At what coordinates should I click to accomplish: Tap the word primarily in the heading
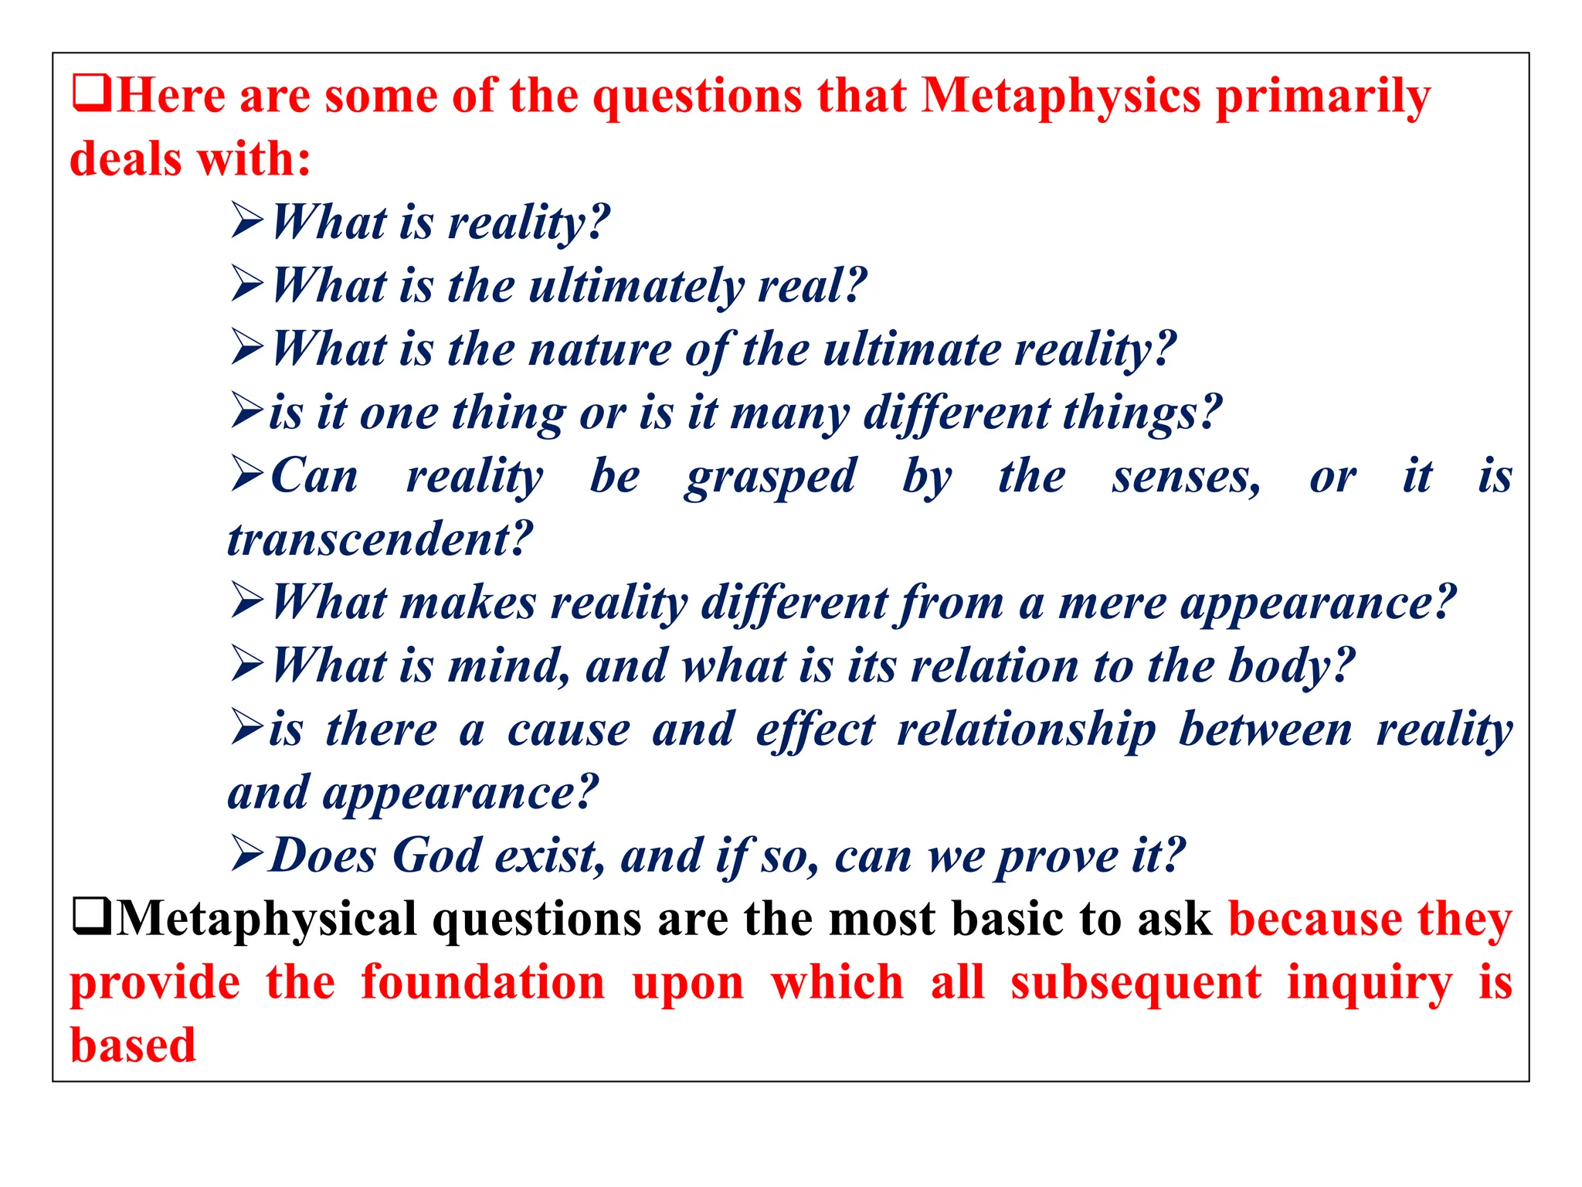pos(1322,99)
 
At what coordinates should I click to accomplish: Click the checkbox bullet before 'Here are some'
pos(91,94)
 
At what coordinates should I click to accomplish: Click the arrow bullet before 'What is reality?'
pos(247,222)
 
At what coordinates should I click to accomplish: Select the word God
pos(436,856)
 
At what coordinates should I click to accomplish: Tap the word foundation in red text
pos(483,983)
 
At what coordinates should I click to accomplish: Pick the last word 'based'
pos(133,1046)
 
